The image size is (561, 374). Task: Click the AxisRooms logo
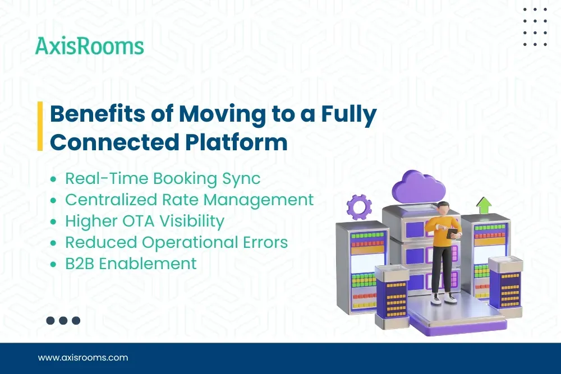pos(90,46)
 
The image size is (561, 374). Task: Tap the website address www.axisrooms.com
pos(83,357)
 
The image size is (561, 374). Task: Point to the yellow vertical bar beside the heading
pos(40,127)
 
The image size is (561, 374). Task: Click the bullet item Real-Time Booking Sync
pos(163,179)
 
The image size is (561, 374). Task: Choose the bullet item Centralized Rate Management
pos(189,200)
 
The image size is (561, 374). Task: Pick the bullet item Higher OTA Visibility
pos(145,221)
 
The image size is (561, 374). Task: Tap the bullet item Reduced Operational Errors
pos(176,242)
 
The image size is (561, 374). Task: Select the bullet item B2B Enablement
pos(131,263)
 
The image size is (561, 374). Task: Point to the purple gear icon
pos(358,207)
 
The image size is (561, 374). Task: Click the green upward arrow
pos(484,205)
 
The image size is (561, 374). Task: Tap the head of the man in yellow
pos(443,209)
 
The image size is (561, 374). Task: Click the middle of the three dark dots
pos(63,321)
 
